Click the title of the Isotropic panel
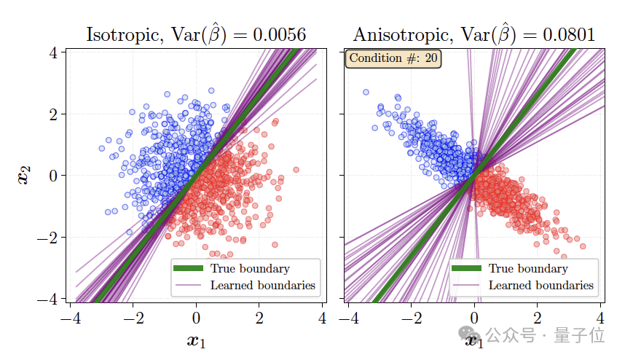(x=195, y=34)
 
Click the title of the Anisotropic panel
(x=474, y=34)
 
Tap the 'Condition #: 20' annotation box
(x=393, y=58)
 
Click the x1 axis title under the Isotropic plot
(x=196, y=340)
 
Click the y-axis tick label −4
(x=49, y=300)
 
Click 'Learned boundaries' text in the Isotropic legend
(x=263, y=285)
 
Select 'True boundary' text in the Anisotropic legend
(x=528, y=269)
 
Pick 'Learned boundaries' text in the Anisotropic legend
(x=541, y=285)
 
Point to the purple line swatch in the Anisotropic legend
(x=466, y=285)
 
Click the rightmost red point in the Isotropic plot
(x=296, y=170)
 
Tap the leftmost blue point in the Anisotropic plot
(x=366, y=93)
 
